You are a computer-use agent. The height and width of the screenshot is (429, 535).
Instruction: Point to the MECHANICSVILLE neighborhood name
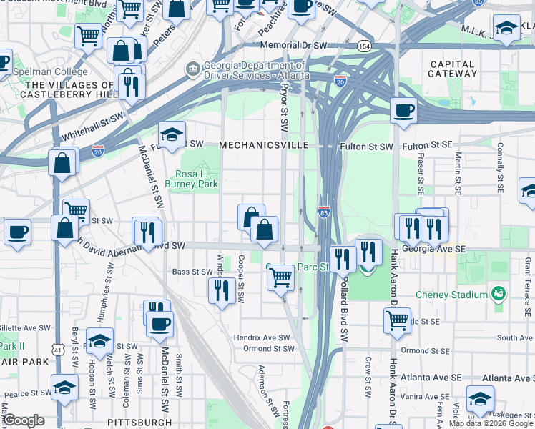click(263, 145)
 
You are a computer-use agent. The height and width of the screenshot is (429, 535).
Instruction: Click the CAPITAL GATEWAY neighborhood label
click(452, 69)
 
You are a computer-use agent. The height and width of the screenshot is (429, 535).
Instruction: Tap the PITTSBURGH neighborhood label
click(139, 423)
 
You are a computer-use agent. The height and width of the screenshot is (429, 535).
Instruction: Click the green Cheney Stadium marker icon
click(499, 294)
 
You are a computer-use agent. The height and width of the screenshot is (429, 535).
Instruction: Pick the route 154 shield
click(365, 46)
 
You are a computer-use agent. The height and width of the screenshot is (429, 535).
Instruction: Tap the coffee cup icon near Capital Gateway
click(403, 111)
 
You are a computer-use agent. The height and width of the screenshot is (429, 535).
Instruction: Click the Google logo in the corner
click(24, 420)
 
